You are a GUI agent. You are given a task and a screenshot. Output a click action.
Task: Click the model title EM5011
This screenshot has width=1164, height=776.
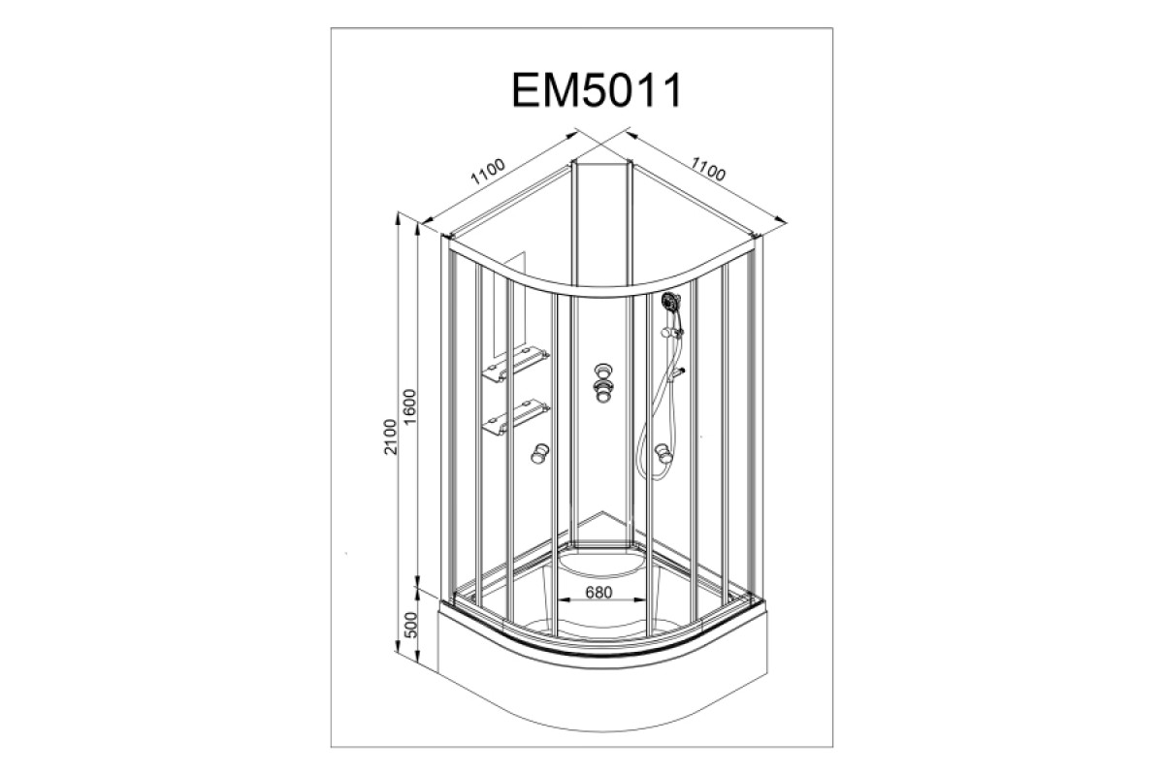(x=597, y=90)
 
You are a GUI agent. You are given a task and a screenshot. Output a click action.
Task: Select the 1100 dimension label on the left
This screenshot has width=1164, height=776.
(x=488, y=172)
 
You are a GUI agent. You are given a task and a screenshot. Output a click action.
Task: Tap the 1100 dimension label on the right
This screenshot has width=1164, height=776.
(x=707, y=169)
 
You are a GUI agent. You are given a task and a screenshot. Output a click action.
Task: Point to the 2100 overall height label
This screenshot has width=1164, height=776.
(x=390, y=436)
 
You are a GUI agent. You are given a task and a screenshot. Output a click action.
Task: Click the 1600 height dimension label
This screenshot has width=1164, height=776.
(x=410, y=407)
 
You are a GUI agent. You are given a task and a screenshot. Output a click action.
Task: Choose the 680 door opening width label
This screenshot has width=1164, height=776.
(x=598, y=592)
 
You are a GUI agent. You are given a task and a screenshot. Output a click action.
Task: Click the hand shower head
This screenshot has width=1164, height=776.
(x=670, y=301)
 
